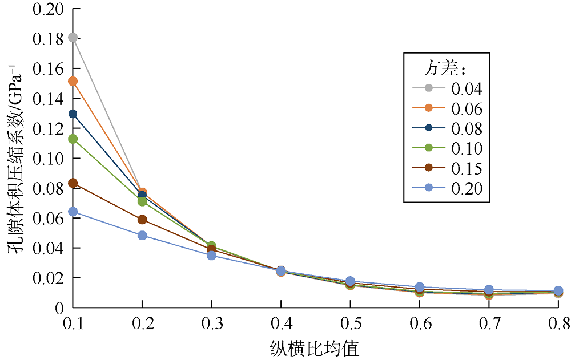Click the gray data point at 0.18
pyautogui.click(x=73, y=38)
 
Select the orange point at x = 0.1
pyautogui.click(x=73, y=81)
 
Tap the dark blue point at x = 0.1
pyautogui.click(x=73, y=114)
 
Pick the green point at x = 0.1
pyautogui.click(x=73, y=139)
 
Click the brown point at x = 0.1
pyautogui.click(x=73, y=183)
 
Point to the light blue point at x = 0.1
pyautogui.click(x=73, y=212)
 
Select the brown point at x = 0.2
pyautogui.click(x=142, y=220)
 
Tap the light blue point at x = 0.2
pyautogui.click(x=142, y=235)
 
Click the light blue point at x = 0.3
pyautogui.click(x=211, y=256)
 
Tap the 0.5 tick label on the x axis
pyautogui.click(x=350, y=325)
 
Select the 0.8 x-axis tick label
pyautogui.click(x=558, y=325)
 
